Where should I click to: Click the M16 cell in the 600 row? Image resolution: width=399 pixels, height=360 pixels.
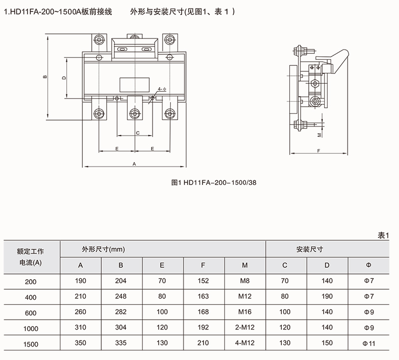click(244, 312)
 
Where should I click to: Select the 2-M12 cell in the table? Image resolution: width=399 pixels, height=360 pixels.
click(244, 328)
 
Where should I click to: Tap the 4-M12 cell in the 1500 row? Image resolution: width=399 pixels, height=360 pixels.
click(244, 343)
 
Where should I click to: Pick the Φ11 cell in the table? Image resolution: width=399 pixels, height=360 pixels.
click(368, 343)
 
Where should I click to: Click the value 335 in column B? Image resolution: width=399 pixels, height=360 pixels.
click(121, 343)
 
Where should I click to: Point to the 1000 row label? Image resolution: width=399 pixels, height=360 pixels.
click(31, 328)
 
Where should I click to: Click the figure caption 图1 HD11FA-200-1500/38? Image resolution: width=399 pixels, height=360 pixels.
click(213, 182)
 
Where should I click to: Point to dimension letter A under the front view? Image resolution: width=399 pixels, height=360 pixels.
click(134, 163)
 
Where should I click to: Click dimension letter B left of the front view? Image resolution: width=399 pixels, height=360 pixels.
click(44, 77)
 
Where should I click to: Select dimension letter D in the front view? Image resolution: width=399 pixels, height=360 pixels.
click(64, 78)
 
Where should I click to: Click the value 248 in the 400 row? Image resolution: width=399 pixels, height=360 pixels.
click(121, 297)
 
